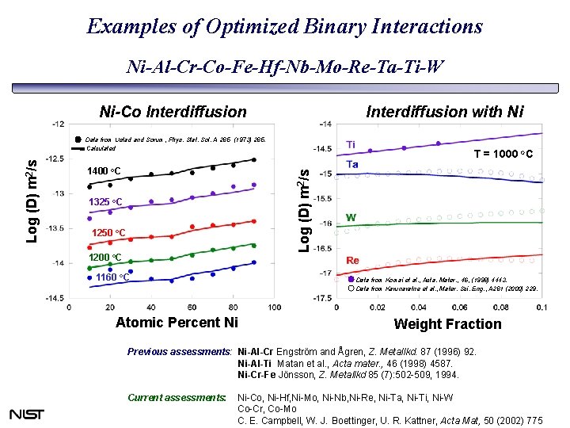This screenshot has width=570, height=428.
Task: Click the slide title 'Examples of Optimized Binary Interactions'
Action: pos(284,26)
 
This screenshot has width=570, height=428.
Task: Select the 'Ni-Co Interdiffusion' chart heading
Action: pos(173,112)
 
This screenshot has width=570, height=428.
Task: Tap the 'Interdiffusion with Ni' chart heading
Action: pos(444,112)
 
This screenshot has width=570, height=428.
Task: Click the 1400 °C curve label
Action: pos(104,171)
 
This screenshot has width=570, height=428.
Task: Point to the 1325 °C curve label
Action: pos(104,202)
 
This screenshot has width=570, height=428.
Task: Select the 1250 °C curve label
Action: pos(109,232)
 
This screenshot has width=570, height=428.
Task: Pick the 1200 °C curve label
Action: pos(104,258)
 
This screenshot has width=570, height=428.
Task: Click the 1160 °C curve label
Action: pos(112,277)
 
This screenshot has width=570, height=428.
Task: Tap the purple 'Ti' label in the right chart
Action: pos(351,145)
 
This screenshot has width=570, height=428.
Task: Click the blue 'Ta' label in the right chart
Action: pos(352,164)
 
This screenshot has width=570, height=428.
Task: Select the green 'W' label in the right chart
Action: pos(351,217)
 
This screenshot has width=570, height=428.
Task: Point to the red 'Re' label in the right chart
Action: pos(353,260)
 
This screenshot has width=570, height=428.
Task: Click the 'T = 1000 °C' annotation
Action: pos(503,154)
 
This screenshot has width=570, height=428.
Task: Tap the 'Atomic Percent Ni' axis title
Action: pos(176,322)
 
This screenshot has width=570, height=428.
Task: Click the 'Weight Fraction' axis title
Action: pos(447,323)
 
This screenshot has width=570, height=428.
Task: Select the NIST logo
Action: pos(27,414)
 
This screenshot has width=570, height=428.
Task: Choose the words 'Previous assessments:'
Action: pos(180,350)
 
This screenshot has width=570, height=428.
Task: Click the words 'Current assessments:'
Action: pos(177,397)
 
